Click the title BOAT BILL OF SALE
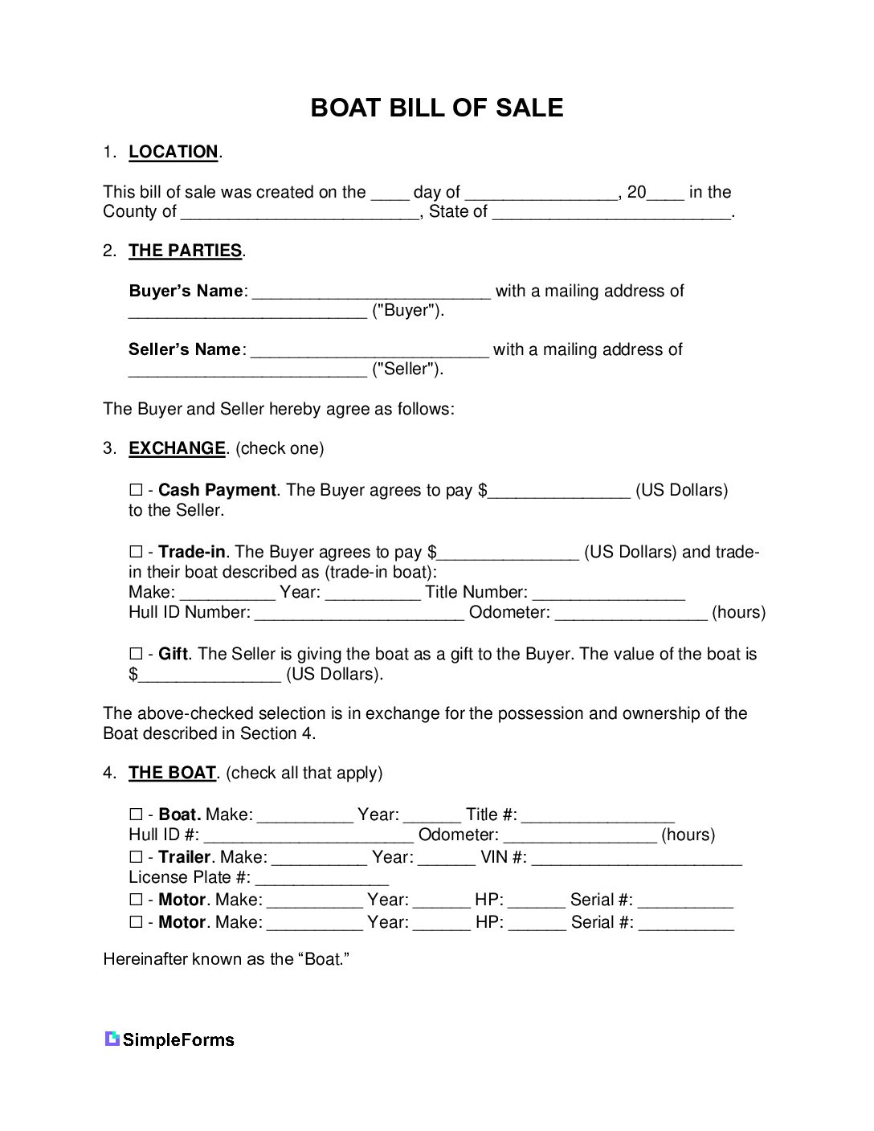point(436,108)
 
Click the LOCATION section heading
point(173,152)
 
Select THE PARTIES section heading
point(185,251)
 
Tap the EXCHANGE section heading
point(177,448)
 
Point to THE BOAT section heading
point(172,773)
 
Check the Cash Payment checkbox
point(135,490)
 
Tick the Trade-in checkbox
point(135,552)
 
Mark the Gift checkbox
point(135,654)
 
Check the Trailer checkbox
point(135,857)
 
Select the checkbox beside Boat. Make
point(135,815)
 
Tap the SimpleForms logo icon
point(112,1039)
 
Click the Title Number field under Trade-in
point(608,594)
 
